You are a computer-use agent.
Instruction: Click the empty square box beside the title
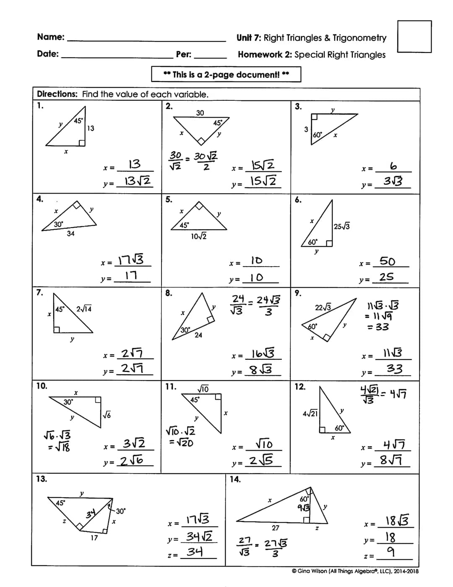coord(414,37)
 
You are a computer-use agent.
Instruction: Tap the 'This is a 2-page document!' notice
coord(226,74)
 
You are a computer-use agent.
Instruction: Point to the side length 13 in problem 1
coord(91,128)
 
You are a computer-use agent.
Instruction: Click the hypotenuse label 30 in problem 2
coord(200,113)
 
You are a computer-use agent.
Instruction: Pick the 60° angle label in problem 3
coord(318,135)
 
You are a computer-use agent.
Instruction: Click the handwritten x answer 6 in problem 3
coord(393,167)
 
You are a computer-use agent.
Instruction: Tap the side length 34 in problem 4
coord(70,233)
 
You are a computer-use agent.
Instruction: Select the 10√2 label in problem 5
coord(198,236)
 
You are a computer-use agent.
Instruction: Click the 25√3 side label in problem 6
coord(342,227)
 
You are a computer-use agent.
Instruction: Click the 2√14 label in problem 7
coord(84,309)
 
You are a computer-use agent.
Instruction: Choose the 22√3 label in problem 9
coord(323,307)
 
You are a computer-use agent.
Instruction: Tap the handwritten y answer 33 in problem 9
coord(394,369)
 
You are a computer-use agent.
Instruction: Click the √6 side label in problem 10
coord(107,415)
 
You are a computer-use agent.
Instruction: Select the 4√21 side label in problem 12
coord(310,414)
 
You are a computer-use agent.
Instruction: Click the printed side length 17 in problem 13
coord(94,537)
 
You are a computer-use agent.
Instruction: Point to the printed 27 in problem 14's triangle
coord(275,527)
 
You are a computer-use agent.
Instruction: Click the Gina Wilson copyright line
coord(355,571)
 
